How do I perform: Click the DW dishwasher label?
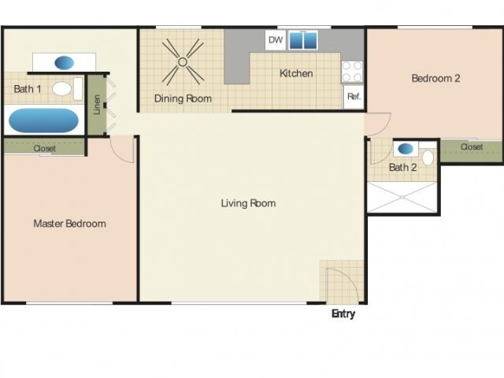[x=275, y=39]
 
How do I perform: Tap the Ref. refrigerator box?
[x=353, y=97]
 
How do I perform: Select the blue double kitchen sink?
[x=302, y=40]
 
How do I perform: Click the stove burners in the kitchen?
[x=352, y=72]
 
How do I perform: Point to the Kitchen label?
[x=297, y=74]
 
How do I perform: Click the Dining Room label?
[x=183, y=98]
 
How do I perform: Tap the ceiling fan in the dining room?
[x=183, y=61]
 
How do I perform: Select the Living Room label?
[x=248, y=203]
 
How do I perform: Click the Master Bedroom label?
[x=69, y=224]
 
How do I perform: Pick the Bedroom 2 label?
[x=435, y=78]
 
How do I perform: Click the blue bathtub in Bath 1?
[x=43, y=120]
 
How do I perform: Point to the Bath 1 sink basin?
[x=65, y=62]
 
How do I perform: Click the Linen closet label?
[x=97, y=105]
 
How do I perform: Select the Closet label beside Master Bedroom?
[x=44, y=148]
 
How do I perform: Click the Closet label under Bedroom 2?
[x=471, y=147]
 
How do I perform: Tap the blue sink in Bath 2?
[x=406, y=148]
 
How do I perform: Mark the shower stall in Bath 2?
[x=402, y=197]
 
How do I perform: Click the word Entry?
[x=343, y=314]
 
